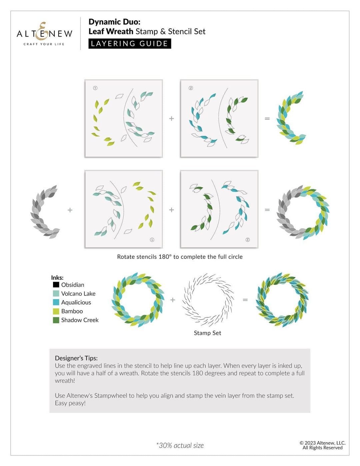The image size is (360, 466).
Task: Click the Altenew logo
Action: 44,34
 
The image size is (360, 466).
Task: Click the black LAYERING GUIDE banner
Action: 130,44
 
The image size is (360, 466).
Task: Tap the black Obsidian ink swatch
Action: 56,285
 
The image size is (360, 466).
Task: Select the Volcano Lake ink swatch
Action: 56,294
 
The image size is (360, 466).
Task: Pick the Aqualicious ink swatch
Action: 56,302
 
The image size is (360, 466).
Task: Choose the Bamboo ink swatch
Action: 56,311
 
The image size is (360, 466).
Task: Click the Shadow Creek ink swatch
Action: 56,320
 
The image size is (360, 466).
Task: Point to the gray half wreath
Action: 45,211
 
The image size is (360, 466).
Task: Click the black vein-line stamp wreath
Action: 208,300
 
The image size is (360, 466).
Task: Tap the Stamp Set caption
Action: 207,333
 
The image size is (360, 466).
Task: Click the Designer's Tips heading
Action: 76,358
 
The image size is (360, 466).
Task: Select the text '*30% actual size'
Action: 180,445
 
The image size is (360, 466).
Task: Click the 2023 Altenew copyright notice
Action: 322,445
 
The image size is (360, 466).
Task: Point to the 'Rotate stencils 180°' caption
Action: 180,257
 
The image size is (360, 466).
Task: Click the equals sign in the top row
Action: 267,118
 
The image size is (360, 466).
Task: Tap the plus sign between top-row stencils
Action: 172,118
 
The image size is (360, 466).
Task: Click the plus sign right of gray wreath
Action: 70,210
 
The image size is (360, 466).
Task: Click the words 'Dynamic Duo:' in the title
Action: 114,22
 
